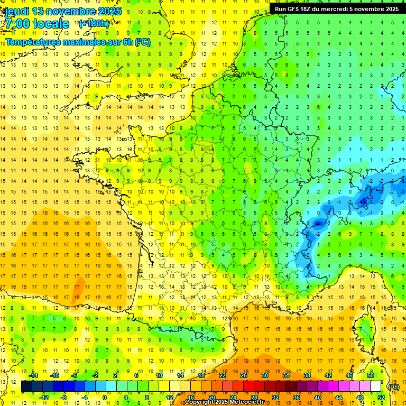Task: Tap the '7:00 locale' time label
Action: pos(36,24)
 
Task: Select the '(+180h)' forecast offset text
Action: pos(94,23)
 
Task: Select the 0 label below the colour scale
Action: pos(104,398)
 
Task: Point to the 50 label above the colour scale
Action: pos(370,375)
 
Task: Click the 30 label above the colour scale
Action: pos(264,375)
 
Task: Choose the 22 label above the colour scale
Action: pos(223,375)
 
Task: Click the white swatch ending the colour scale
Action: pos(375,386)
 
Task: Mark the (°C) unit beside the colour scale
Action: pos(393,386)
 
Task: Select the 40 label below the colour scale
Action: pos(317,398)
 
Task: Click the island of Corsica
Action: pos(363,328)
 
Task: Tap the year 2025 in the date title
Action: pos(108,11)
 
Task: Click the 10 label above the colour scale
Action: pos(159,375)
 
